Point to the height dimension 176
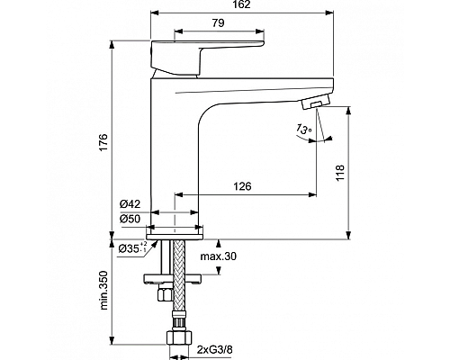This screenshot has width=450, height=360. pyautogui.click(x=103, y=141)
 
